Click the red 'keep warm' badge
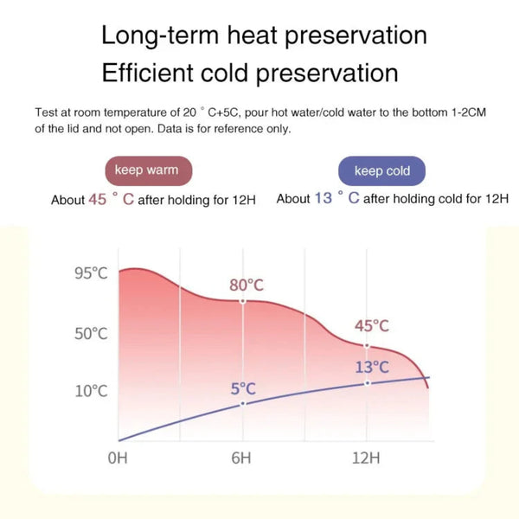coord(147,170)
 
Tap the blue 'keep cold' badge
coord(381,170)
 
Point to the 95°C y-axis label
coord(90,274)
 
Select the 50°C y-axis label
coord(90,334)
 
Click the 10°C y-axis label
coord(90,390)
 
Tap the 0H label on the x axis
coord(118,457)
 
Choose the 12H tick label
coord(367,457)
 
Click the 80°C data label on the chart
coord(247,285)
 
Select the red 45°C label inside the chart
coord(372,326)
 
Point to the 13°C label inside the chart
coord(372,367)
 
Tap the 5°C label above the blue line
coord(243,388)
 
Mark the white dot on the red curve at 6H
coord(242,301)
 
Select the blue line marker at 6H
coord(242,403)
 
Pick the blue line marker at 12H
coord(368,382)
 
